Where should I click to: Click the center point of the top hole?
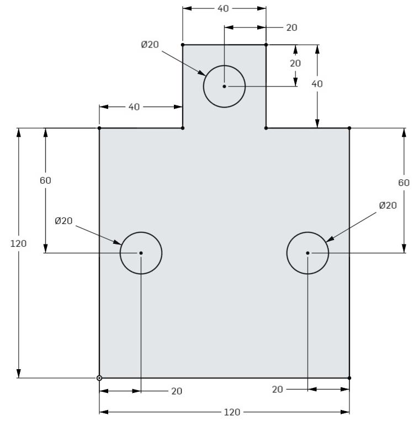point(224,86)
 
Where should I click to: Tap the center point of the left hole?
point(141,253)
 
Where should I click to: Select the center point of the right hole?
point(307,253)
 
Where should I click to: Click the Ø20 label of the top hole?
point(150,45)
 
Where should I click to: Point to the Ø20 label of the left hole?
point(63,221)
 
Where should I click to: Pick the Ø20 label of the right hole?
point(388,205)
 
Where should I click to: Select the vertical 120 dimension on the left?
point(18,243)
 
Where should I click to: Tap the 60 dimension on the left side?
point(45,180)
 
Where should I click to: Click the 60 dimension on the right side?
point(404,183)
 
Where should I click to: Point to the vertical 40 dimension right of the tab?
point(317,84)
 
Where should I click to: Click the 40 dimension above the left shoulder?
point(134,107)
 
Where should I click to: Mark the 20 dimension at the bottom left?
point(177,391)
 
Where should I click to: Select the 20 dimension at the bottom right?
point(278,389)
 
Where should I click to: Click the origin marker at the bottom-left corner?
point(99,378)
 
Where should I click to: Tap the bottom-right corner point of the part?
point(349,378)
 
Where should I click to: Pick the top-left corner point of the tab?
point(183,45)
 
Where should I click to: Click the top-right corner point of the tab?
point(266,45)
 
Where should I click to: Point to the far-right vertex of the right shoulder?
point(349,128)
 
